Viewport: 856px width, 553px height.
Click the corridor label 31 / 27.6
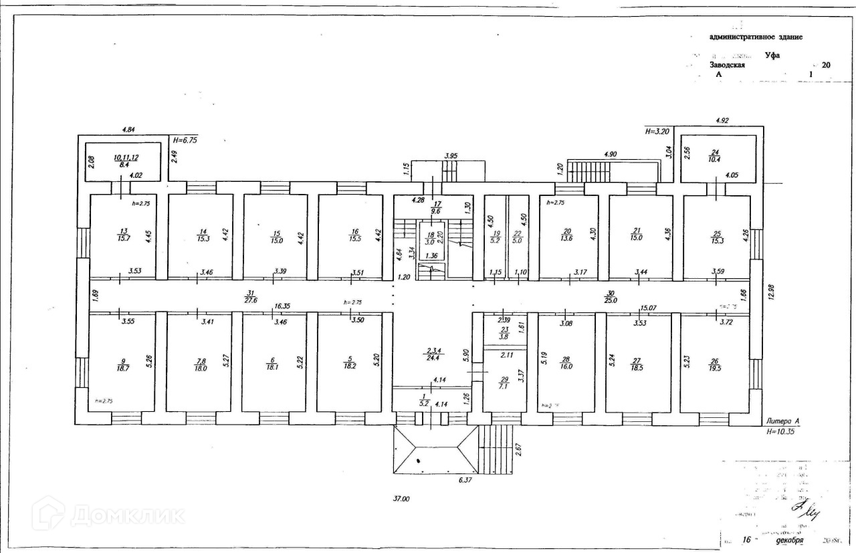click(x=250, y=297)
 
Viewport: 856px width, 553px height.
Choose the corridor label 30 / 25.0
click(x=610, y=297)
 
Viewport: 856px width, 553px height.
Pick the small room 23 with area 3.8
click(x=504, y=334)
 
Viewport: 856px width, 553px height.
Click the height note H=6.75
click(x=185, y=140)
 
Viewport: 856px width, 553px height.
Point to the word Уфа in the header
click(x=772, y=55)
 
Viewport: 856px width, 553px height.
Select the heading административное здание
click(x=756, y=37)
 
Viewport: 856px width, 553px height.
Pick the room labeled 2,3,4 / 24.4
click(x=432, y=353)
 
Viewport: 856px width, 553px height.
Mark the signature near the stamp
click(x=807, y=511)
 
